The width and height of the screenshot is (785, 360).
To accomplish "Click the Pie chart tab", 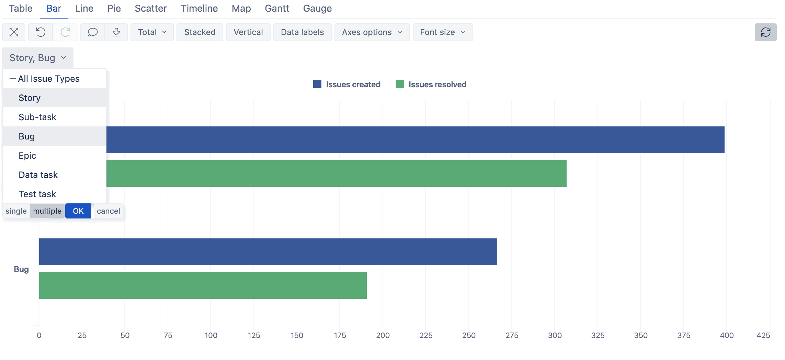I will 114,9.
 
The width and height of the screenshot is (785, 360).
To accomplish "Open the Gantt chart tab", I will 277,9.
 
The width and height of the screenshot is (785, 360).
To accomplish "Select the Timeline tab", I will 199,9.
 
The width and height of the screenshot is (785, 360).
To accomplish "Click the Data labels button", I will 302,32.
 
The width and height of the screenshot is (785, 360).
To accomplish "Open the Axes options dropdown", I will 372,32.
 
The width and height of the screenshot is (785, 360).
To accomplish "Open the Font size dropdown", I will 442,32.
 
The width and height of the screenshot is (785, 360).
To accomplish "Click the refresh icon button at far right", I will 765,32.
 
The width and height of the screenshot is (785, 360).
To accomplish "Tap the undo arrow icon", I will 41,32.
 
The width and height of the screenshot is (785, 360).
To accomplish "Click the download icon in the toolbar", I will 116,32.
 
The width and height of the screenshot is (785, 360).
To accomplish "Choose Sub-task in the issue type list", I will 37,117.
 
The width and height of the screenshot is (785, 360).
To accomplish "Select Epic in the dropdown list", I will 27,156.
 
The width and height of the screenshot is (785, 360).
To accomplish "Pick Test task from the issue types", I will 37,194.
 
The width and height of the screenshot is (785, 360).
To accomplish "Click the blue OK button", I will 78,211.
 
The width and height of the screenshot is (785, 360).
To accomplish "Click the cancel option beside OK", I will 109,211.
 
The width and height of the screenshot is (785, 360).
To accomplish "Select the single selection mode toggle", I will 16,211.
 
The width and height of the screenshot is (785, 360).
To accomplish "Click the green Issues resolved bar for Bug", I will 203,285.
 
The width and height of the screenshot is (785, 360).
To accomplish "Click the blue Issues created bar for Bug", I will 268,252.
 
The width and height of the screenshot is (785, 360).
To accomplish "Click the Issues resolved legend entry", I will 431,85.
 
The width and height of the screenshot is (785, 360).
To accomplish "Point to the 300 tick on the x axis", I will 555,335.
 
